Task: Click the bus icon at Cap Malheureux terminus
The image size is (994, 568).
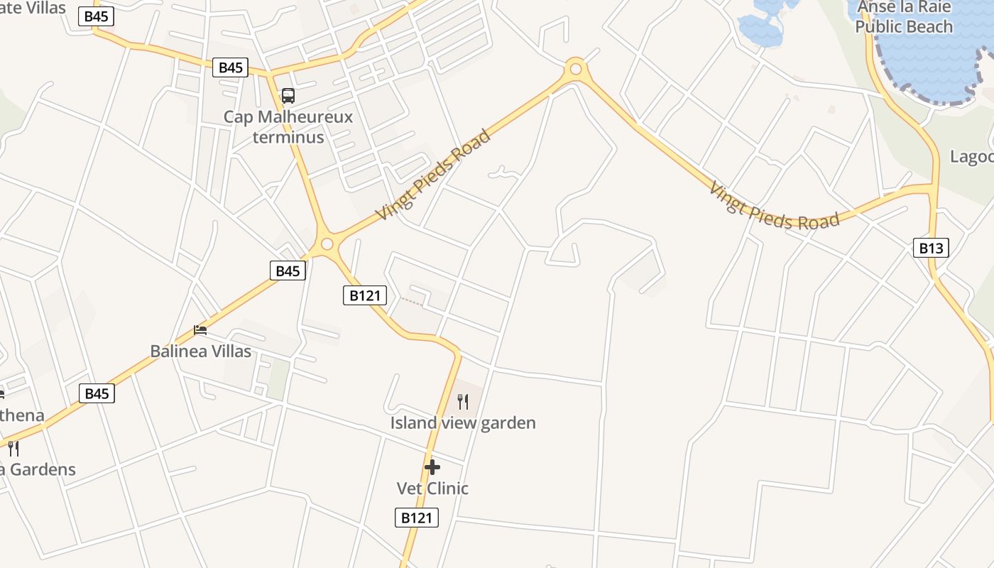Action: pos(288,95)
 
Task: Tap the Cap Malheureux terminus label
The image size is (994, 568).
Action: pos(288,126)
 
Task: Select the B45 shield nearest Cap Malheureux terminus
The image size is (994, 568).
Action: pos(231,67)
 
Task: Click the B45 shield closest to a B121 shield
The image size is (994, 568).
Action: pos(288,271)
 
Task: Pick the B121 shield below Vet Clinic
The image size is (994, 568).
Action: pos(417,518)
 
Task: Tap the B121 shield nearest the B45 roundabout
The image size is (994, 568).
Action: pos(365,295)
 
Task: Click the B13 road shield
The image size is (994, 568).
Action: pos(931,248)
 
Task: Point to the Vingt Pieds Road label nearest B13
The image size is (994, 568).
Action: pos(775,206)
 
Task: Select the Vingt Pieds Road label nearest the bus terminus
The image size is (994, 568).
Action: pos(433,175)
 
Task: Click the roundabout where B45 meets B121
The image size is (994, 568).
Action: pos(327,244)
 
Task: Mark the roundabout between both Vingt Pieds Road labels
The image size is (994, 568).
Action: pos(575,69)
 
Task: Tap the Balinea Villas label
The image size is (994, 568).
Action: pos(201,351)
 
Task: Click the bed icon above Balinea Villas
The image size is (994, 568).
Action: pos(201,330)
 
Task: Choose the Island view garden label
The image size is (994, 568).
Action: pos(463,423)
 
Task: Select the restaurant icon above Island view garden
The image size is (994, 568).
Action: pos(463,402)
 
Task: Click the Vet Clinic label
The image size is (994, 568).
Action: pos(432,488)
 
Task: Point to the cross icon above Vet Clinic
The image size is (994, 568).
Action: pos(432,467)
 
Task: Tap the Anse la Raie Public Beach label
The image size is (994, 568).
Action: pos(903,17)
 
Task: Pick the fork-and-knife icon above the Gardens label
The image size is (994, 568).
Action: pos(13,448)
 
